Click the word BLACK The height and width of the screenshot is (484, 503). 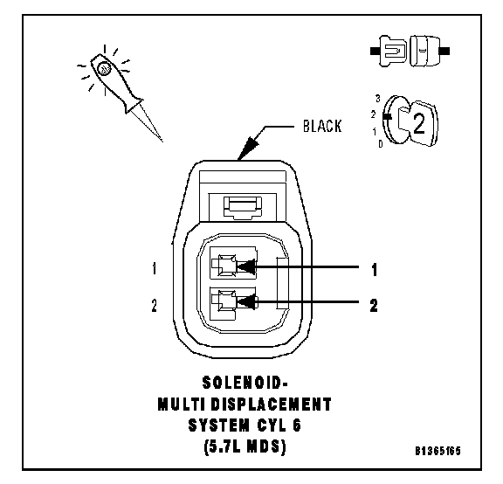point(322,126)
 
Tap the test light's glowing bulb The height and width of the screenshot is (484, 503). point(104,68)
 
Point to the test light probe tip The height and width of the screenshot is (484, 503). point(162,142)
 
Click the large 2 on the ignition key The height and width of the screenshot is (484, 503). point(418,123)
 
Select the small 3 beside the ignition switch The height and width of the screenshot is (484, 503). point(378,99)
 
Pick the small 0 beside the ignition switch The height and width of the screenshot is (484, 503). point(381,144)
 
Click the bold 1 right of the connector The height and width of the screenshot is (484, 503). point(374,270)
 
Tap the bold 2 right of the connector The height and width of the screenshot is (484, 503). point(374,305)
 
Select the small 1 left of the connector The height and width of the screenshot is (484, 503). point(155,268)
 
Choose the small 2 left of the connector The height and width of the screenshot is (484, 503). point(155,305)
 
